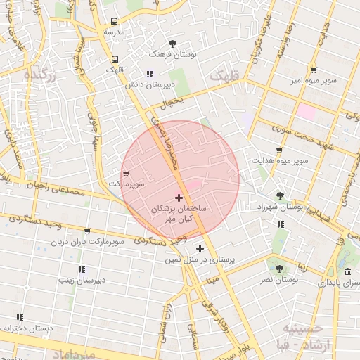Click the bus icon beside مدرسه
click(115, 21)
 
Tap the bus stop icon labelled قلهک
click(115, 59)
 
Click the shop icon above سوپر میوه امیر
click(313, 70)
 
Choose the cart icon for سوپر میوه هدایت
click(279, 150)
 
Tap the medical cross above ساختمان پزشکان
click(179, 198)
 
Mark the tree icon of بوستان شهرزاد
click(281, 195)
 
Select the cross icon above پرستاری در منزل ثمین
click(200, 248)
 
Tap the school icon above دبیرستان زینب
click(82, 269)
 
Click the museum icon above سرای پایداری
click(347, 272)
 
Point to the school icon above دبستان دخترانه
click(20, 318)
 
